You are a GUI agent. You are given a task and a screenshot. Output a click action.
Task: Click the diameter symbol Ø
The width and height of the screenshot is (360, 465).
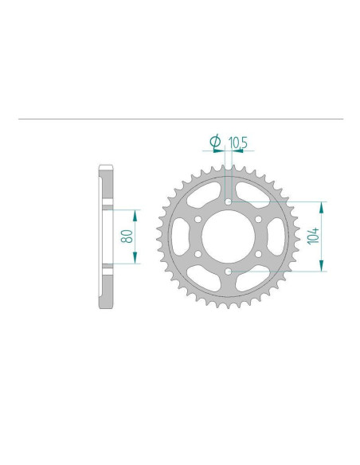click(x=214, y=143)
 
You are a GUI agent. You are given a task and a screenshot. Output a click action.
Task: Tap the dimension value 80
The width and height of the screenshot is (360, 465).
click(x=125, y=236)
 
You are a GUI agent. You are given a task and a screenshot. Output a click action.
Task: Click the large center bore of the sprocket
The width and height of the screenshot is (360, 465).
click(x=229, y=237)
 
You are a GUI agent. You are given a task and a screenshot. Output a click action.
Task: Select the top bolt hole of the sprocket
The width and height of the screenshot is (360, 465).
click(x=229, y=202)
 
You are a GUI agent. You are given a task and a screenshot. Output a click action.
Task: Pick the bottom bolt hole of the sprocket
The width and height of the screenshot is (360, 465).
click(x=229, y=272)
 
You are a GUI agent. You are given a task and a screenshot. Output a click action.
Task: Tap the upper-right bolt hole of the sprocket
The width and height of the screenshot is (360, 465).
click(x=260, y=220)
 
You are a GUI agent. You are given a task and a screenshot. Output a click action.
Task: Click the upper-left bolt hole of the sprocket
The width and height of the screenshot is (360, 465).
click(x=199, y=220)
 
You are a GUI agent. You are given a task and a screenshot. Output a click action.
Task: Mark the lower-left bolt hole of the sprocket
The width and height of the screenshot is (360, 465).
click(x=199, y=255)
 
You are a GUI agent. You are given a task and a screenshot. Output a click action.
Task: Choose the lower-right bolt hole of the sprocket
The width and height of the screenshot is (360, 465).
click(x=260, y=255)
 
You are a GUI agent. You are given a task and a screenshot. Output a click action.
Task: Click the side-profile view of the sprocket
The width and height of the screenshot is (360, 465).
click(x=105, y=237)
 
